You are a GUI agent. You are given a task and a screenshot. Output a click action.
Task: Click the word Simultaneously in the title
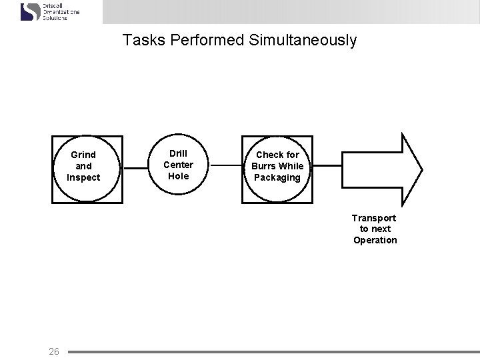[303, 41]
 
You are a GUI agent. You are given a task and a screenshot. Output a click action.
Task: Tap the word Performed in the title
[207, 41]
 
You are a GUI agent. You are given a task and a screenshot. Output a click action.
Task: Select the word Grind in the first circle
[83, 155]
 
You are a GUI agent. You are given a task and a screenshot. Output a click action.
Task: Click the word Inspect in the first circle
[83, 177]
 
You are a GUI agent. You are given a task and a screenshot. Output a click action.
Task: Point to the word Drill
[179, 153]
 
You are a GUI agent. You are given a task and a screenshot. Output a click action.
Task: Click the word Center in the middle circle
[179, 165]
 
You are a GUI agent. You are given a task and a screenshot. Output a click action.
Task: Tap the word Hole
[179, 176]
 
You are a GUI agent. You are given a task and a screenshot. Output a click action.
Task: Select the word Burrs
[264, 166]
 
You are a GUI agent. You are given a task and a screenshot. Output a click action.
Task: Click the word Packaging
[277, 177]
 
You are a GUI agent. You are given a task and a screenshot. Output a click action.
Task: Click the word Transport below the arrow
[374, 218]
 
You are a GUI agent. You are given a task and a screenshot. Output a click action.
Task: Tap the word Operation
[375, 240]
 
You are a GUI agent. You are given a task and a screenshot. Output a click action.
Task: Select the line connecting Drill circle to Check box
[226, 165]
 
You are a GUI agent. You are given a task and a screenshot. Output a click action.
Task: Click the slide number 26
[54, 351]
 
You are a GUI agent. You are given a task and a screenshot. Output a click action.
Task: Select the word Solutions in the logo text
[55, 18]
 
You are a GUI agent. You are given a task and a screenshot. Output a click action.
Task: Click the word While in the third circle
[291, 166]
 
